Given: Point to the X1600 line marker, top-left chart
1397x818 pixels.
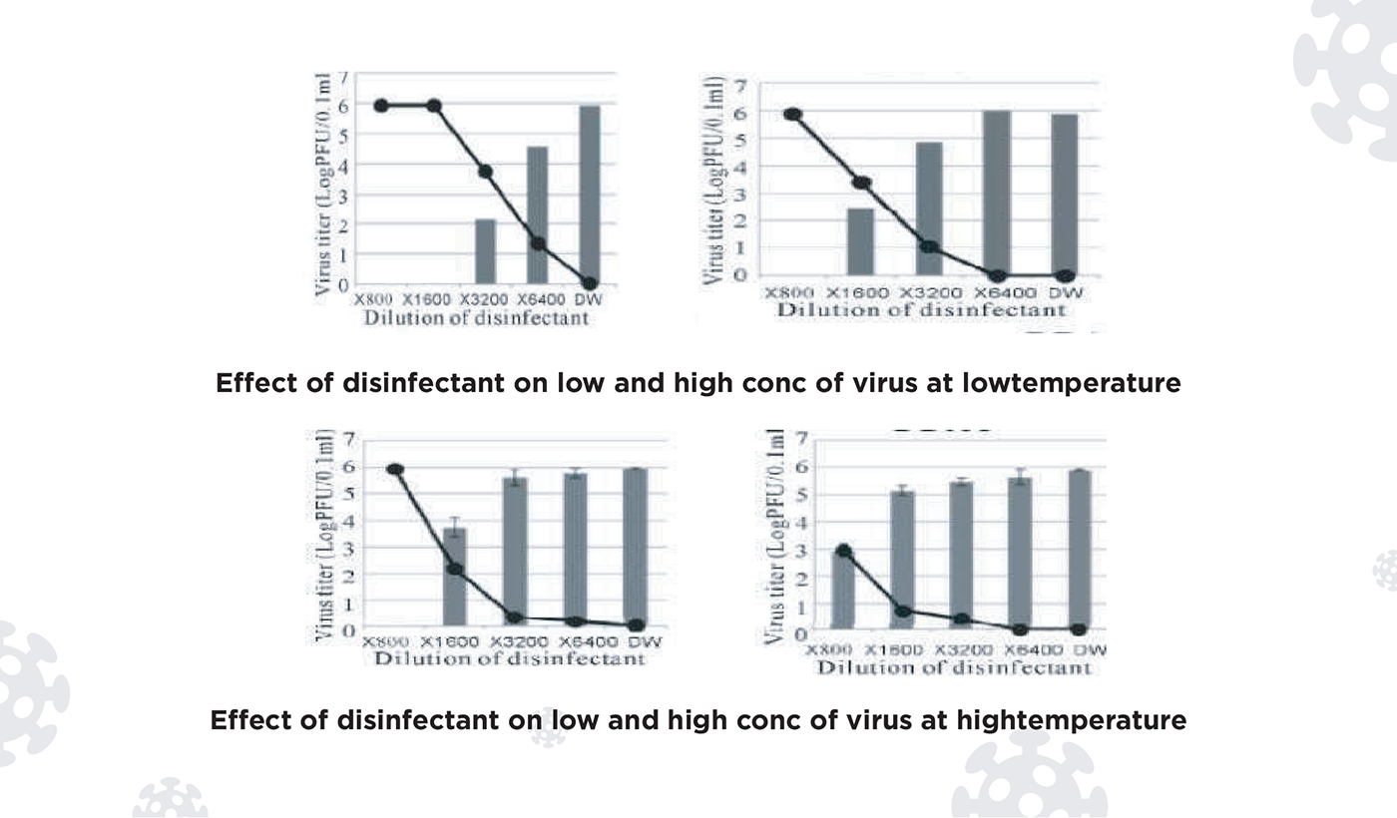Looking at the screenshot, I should click(x=434, y=106).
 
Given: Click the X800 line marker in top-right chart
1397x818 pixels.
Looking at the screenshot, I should click(x=793, y=114).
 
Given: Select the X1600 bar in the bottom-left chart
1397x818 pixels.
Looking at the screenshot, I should click(x=454, y=579).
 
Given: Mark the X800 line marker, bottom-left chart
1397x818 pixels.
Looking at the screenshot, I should click(x=395, y=469).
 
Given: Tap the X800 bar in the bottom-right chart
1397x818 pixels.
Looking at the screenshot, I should click(x=843, y=589).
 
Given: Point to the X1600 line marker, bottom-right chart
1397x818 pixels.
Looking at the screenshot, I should click(x=902, y=611).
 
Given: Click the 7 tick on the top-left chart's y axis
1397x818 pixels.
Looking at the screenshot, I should click(x=343, y=78).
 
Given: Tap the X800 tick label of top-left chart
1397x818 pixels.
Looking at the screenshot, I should click(x=373, y=298).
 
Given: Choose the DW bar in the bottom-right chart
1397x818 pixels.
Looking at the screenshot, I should click(x=1079, y=550).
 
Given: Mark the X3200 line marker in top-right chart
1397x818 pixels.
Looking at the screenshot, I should click(x=929, y=245).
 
